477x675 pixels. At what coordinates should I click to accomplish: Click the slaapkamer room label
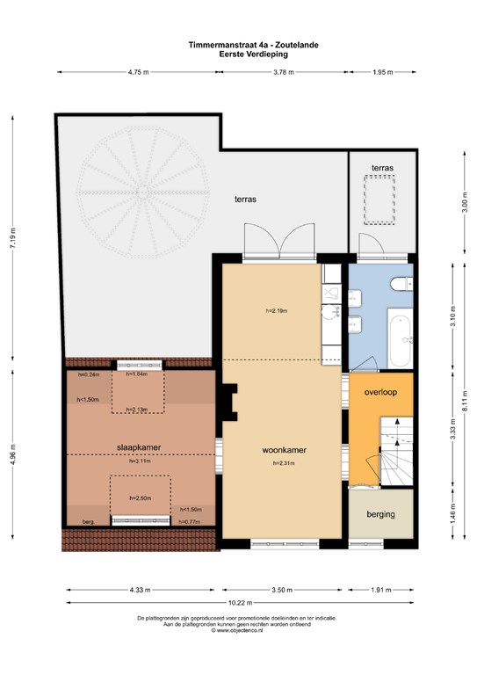pyautogui.click(x=139, y=447)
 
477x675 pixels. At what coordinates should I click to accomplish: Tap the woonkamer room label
pyautogui.click(x=285, y=450)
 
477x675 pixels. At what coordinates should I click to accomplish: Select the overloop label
pyautogui.click(x=380, y=392)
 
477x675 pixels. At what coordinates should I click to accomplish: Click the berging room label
pyautogui.click(x=380, y=514)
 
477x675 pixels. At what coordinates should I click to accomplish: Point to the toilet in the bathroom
pyautogui.click(x=401, y=284)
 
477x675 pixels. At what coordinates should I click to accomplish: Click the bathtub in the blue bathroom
pyautogui.click(x=401, y=341)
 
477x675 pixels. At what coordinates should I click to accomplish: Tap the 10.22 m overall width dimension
pyautogui.click(x=241, y=603)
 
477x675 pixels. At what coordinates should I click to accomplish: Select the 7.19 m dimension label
pyautogui.click(x=13, y=237)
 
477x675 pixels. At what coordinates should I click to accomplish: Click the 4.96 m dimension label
pyautogui.click(x=13, y=454)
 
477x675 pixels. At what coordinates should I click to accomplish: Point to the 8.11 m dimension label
pyautogui.click(x=465, y=401)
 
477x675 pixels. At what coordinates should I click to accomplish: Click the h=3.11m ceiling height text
pyautogui.click(x=141, y=461)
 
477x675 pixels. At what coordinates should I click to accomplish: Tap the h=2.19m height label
pyautogui.click(x=277, y=310)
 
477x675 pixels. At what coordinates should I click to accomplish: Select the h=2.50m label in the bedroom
pyautogui.click(x=141, y=498)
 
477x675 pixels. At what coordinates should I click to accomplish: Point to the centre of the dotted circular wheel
pyautogui.click(x=142, y=192)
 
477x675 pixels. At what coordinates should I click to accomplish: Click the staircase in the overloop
pyautogui.click(x=396, y=451)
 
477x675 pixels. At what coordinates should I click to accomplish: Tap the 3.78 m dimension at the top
pyautogui.click(x=284, y=72)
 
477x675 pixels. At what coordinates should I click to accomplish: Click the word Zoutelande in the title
pyautogui.click(x=297, y=45)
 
